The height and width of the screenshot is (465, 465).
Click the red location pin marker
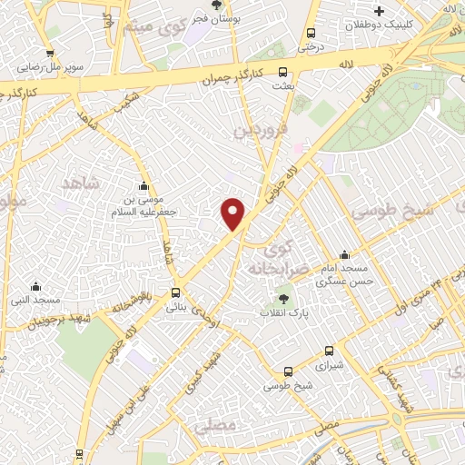tap(233, 213)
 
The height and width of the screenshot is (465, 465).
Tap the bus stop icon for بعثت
tap(283, 72)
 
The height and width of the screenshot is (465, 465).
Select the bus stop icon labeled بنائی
tap(176, 293)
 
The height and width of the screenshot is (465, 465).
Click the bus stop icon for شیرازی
tap(328, 351)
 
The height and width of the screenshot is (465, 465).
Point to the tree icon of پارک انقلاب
tap(283, 298)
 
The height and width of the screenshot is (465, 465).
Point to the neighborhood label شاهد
tap(79, 183)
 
